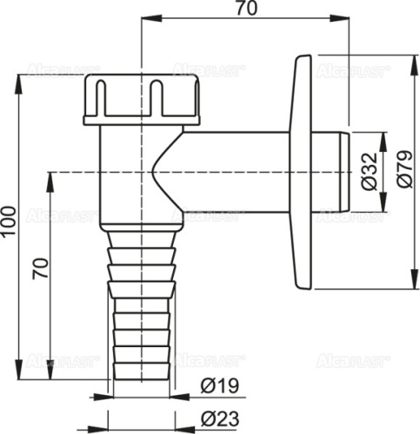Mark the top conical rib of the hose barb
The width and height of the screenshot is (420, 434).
[x=141, y=236]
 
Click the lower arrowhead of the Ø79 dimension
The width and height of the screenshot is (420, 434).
[x=409, y=285]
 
